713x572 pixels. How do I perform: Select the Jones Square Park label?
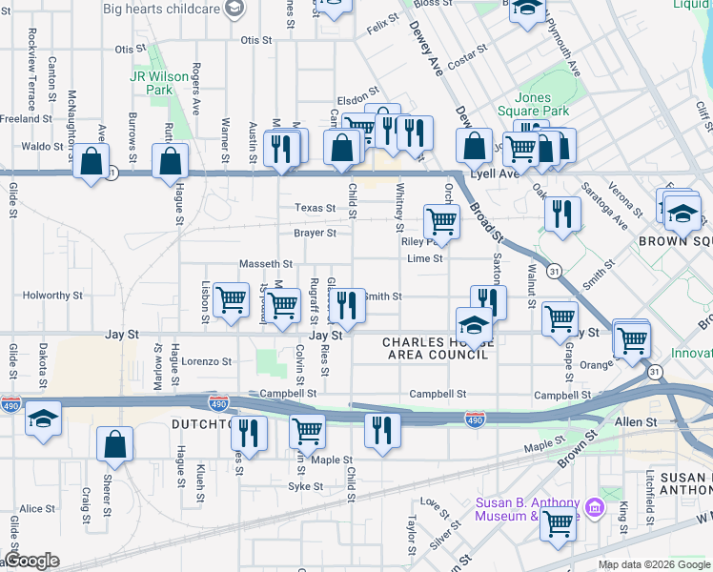click(540, 105)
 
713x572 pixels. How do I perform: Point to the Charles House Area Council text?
click(436, 348)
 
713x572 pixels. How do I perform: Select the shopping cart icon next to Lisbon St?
click(231, 300)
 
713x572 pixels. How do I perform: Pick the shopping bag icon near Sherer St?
click(114, 444)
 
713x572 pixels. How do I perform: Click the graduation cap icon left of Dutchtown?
click(43, 419)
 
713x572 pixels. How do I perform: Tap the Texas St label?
click(315, 208)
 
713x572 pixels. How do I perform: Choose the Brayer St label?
click(315, 233)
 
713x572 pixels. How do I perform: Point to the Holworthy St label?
click(53, 296)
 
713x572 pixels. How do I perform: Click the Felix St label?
click(383, 19)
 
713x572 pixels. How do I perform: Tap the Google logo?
click(31, 562)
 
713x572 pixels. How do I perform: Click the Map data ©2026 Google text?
click(653, 564)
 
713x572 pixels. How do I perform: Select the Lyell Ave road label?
click(498, 174)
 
